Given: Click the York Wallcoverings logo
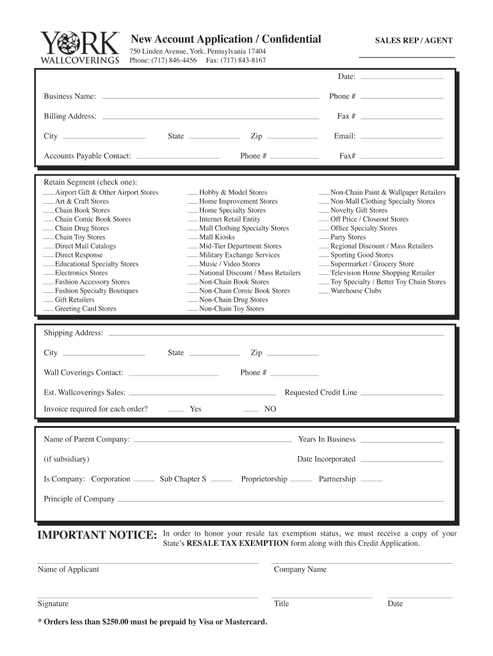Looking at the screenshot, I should pos(80,48).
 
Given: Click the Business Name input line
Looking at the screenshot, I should pos(211,98).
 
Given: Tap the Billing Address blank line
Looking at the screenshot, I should pos(211,118).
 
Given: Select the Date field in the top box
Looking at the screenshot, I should pos(402,78).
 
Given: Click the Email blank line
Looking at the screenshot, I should pos(402,137).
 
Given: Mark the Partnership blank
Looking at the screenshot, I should pos(371,480).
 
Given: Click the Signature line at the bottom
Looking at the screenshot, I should pos(147,597).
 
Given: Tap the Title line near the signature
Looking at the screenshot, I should pos(323,597).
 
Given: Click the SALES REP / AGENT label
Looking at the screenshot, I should pos(414,40).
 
